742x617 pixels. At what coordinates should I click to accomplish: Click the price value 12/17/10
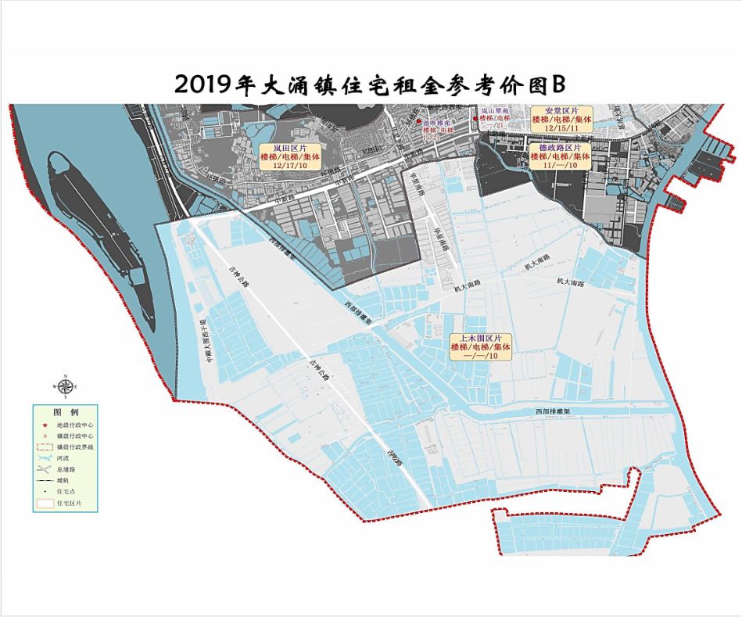pos(290,166)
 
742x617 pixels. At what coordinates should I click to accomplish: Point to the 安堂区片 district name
pos(559,110)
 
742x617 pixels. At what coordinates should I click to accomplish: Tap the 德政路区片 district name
pos(559,147)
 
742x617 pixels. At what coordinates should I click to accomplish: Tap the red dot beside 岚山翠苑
pos(475,119)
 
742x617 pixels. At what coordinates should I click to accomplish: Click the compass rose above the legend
pos(66,386)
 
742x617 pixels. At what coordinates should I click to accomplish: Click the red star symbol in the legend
pos(45,425)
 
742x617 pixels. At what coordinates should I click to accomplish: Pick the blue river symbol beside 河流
pos(45,457)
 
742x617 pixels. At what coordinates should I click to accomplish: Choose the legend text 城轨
pos(63,481)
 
